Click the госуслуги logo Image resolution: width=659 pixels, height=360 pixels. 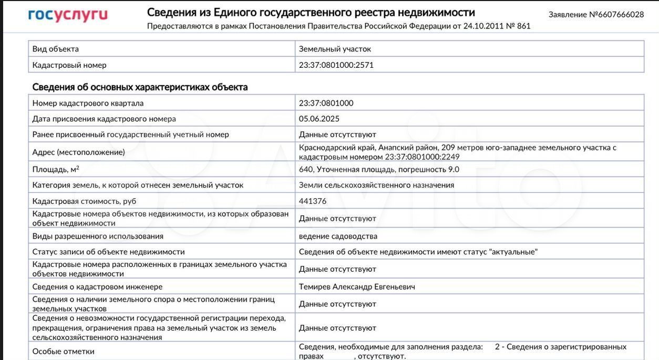[x=68, y=15]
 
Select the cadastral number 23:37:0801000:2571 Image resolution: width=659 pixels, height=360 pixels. [x=336, y=65]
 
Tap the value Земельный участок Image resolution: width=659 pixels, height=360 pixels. [x=335, y=49]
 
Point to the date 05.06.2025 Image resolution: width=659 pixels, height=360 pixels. [x=319, y=119]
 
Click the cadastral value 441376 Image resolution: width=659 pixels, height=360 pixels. [x=313, y=201]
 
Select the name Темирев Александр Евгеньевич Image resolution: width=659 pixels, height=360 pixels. [x=357, y=287]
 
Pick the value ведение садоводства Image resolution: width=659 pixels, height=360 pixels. [x=338, y=236]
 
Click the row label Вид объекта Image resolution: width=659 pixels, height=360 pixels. [x=55, y=49]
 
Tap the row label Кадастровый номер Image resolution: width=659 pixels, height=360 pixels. [x=69, y=65]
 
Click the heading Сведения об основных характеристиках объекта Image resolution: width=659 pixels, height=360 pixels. [x=140, y=87]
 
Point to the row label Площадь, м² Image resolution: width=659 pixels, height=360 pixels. [x=56, y=169]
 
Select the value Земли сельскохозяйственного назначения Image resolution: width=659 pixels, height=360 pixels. [x=376, y=185]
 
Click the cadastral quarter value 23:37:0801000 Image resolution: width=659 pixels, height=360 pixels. [x=326, y=103]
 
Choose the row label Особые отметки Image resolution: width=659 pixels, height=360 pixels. [x=63, y=352]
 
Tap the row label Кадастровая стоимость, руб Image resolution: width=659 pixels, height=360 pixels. [x=84, y=201]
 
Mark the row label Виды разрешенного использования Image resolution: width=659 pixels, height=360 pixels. [x=98, y=236]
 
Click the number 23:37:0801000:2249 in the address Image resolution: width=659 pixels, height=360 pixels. [x=422, y=157]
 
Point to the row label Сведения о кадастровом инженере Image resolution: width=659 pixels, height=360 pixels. [x=97, y=287]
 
